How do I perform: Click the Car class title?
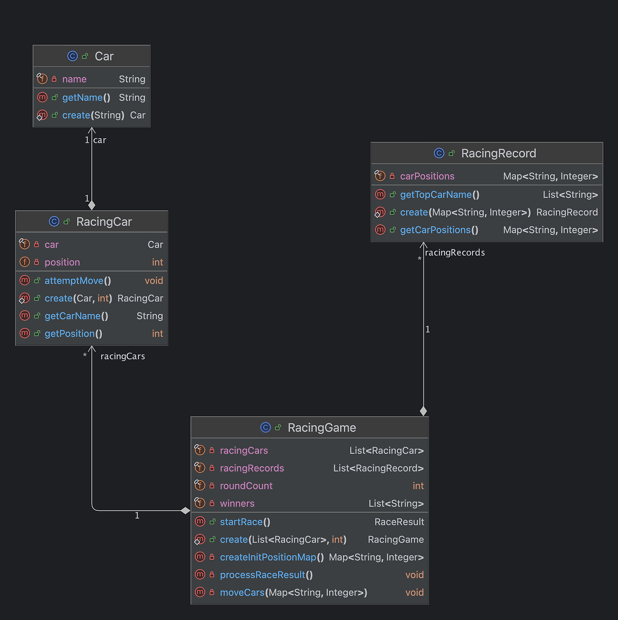(104, 56)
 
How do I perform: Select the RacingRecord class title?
(498, 154)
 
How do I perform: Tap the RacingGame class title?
(322, 428)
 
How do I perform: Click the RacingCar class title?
(104, 222)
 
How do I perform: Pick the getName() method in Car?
(86, 98)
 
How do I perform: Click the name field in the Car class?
(74, 79)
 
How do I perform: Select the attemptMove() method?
(78, 281)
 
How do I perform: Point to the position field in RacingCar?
(62, 263)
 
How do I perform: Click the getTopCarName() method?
(439, 195)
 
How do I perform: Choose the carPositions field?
(427, 177)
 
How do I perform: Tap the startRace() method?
(245, 522)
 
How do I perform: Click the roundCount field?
(246, 486)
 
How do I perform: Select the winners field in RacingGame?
(237, 504)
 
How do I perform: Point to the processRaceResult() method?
(266, 575)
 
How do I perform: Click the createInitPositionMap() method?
(272, 557)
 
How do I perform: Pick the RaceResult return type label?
(399, 522)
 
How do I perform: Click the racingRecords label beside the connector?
(455, 253)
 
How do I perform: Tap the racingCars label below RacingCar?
(123, 356)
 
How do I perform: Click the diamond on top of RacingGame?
(423, 411)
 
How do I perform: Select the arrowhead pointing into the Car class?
(92, 130)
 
